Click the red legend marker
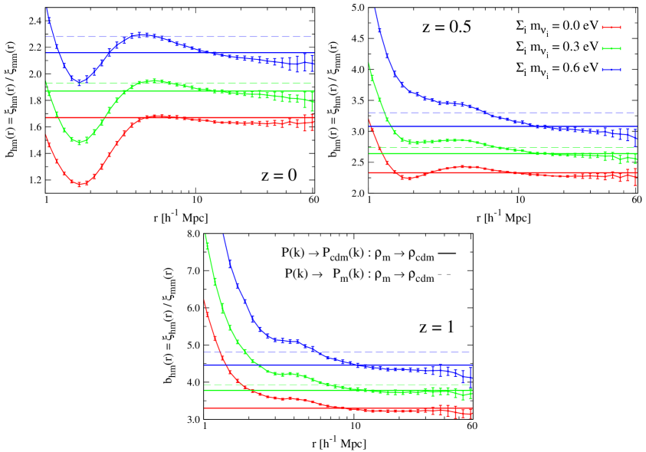tap(611, 28)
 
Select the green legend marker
tap(611, 48)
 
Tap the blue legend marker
tap(611, 70)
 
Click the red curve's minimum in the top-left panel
tap(80, 185)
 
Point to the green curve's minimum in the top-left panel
tap(79, 142)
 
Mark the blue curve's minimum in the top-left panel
tap(78, 81)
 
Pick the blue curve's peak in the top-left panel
tap(143, 34)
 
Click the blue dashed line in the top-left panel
tap(230, 37)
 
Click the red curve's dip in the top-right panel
tap(405, 179)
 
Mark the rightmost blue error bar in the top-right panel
tap(635, 138)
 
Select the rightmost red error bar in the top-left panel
tap(313, 123)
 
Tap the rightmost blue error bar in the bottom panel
tap(471, 375)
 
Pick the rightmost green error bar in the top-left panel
tap(313, 101)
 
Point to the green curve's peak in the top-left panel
tap(155, 80)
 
